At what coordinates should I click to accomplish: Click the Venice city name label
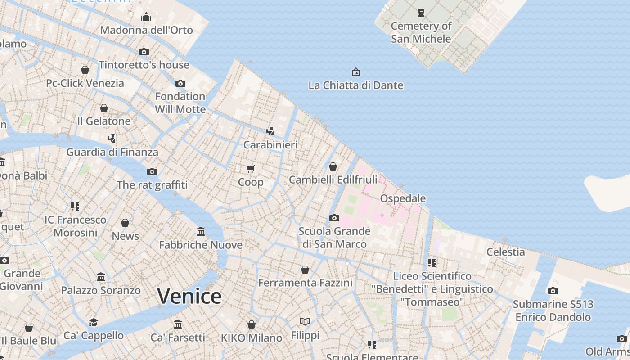point(189,296)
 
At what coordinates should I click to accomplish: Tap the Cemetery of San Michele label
point(421,32)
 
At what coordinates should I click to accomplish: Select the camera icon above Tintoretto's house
point(144,52)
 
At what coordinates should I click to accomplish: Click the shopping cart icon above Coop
point(251,169)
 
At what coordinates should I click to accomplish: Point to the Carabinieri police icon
point(270,131)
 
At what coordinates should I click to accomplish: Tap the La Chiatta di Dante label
point(355,85)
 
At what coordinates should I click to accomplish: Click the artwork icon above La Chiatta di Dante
point(355,72)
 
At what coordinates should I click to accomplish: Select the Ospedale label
point(403,198)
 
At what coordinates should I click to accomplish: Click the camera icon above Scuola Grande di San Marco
point(334,218)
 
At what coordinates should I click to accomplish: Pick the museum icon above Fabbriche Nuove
point(201,232)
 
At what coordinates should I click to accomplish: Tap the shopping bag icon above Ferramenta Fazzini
point(305,270)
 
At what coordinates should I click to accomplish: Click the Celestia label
point(505,252)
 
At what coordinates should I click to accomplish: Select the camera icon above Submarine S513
point(553,291)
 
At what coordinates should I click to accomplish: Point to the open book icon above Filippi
point(305,321)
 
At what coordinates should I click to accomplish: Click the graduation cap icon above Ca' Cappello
point(93,322)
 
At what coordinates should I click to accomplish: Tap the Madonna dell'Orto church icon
point(146,17)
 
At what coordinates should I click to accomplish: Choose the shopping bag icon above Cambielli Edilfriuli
point(333,166)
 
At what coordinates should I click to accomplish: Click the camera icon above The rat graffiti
point(152,171)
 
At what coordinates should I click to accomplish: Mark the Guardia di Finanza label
point(112,152)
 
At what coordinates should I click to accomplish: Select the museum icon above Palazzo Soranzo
point(101,277)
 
